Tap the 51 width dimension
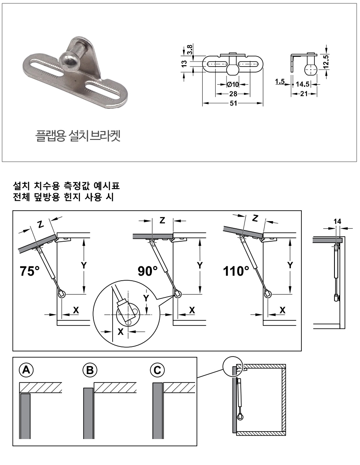pos(234,103)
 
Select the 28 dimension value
pos(233,94)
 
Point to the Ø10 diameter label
pos(233,84)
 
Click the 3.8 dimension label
pos(190,49)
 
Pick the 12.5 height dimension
pos(326,62)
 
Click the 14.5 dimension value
pos(302,84)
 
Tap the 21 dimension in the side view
pos(304,94)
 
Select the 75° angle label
pos(30,271)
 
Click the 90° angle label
pos(147,271)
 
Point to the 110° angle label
pos(236,271)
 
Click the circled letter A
pos(26,370)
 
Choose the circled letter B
pos(90,370)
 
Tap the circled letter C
pos(157,370)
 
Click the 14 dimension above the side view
pos(337,221)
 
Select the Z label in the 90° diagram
pos(162,220)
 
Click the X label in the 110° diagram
pos(283,310)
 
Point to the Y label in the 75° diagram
pos(84,265)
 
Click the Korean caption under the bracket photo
pos(78,136)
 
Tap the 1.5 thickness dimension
pos(280,81)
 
